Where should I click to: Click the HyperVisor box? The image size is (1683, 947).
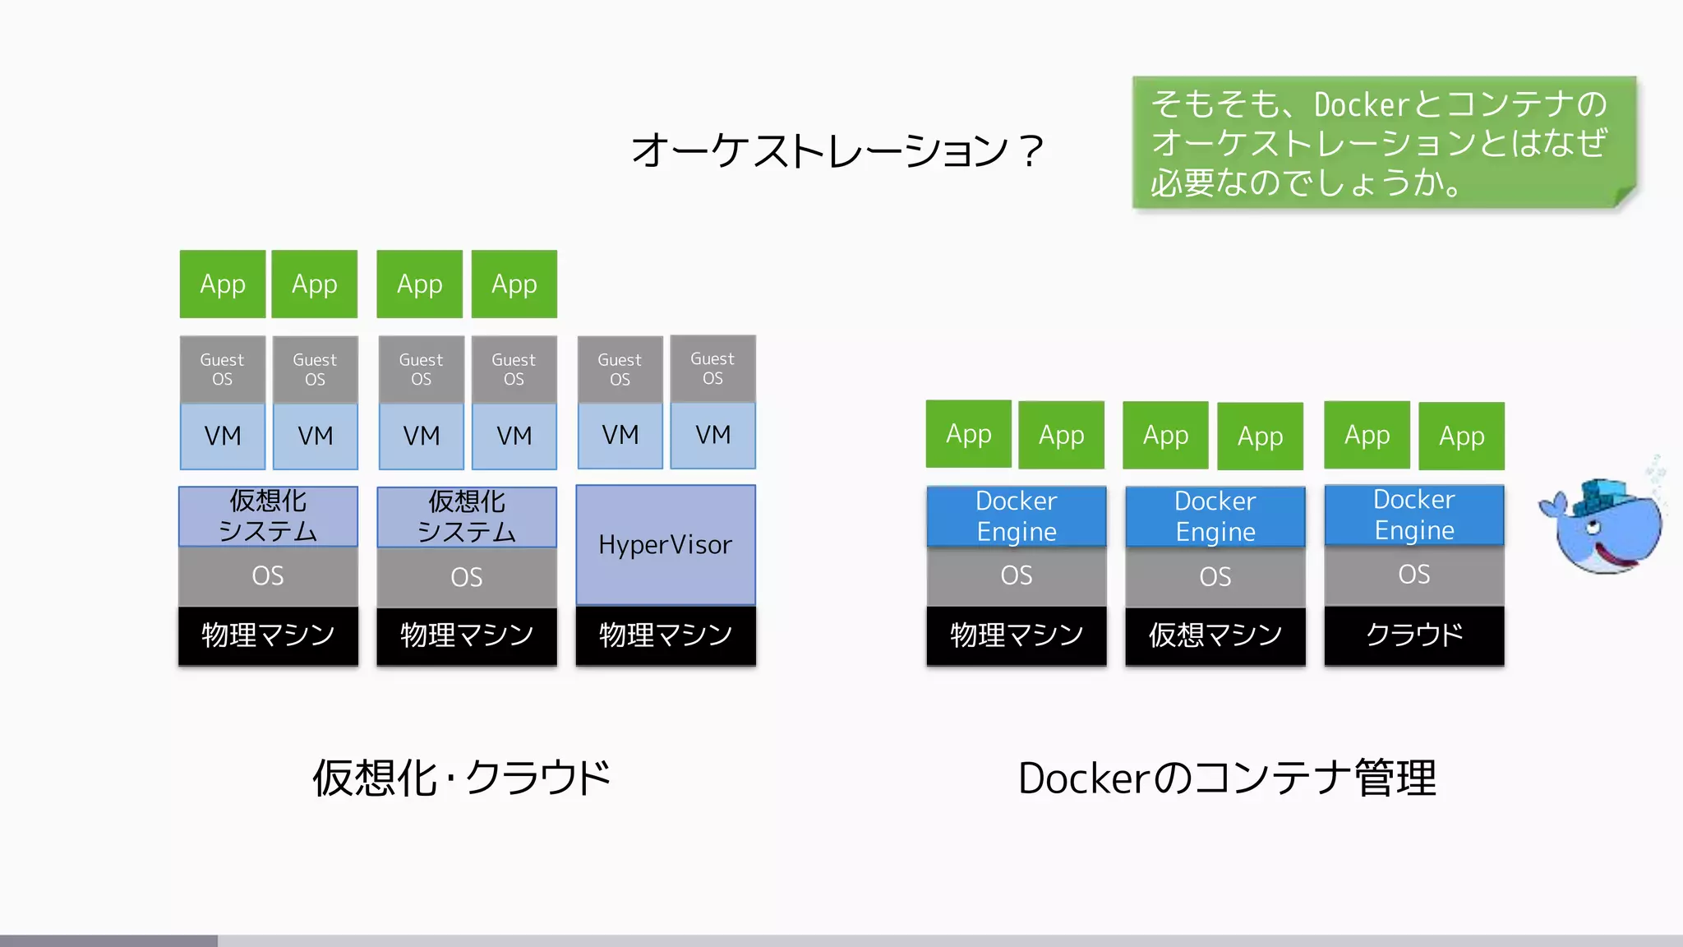[x=666, y=545]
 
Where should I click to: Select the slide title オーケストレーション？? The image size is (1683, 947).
[x=837, y=151]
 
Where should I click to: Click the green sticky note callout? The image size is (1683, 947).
[x=1384, y=142]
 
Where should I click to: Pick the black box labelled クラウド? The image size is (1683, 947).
[x=1414, y=635]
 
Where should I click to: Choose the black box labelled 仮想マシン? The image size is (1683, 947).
[x=1215, y=635]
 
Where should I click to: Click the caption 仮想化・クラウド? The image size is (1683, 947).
[x=461, y=778]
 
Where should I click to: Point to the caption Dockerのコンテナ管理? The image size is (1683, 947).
[x=1227, y=778]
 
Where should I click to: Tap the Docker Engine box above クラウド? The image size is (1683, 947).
[x=1414, y=515]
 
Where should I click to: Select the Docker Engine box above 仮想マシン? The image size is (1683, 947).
[x=1215, y=516]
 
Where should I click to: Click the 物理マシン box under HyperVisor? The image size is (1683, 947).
[x=666, y=635]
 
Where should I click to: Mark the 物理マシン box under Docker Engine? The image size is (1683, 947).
[x=1017, y=635]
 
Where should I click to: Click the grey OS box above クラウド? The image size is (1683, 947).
[x=1414, y=575]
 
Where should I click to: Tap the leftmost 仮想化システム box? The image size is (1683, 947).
[x=268, y=516]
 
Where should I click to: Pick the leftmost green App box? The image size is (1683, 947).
[x=223, y=284]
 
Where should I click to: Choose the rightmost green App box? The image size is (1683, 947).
[x=1462, y=437]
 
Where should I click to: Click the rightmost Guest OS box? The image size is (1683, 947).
[x=712, y=368]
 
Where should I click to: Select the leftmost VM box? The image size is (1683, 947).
[x=223, y=436]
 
